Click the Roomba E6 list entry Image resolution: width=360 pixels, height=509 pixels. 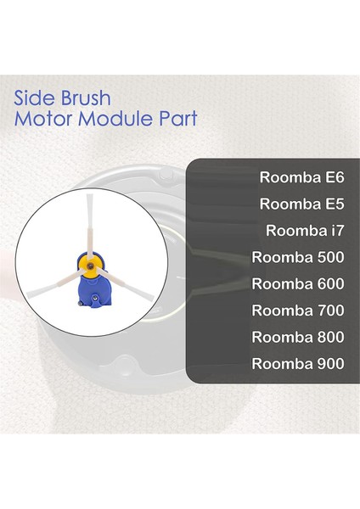tap(296, 179)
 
